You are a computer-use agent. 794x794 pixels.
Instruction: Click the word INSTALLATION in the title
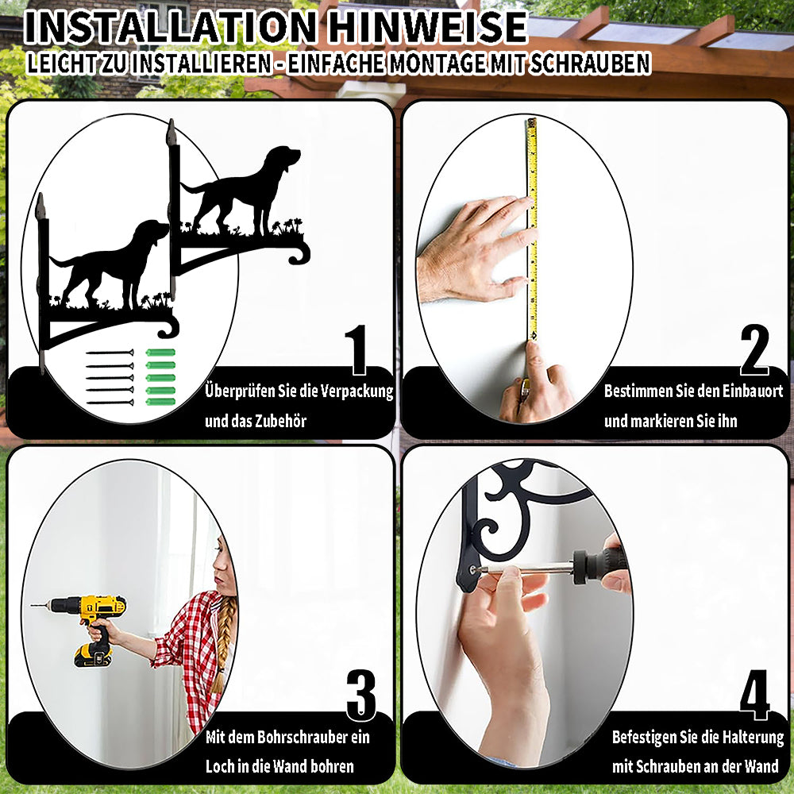(171, 27)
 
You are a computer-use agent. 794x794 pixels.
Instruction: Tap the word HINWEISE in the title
(427, 27)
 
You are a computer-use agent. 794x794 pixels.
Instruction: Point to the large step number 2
(754, 349)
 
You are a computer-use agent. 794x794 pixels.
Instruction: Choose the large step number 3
(361, 695)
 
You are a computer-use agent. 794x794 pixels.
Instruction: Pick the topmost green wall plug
(160, 353)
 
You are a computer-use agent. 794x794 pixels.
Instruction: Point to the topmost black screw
(110, 353)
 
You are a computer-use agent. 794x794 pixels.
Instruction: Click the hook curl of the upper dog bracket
(299, 252)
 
